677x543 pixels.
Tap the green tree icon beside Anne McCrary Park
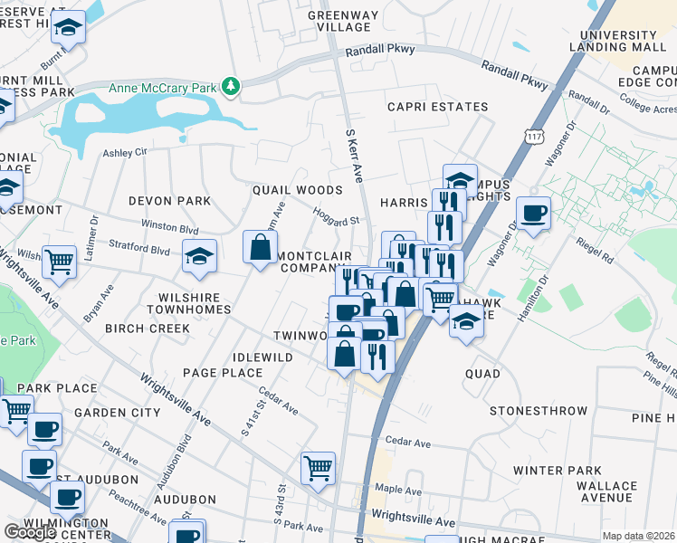[x=234, y=86]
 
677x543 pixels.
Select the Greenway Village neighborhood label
[x=342, y=21]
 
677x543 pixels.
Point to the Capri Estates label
[x=437, y=107]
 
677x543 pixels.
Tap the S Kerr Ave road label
[x=354, y=153]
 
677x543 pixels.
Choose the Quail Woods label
[x=297, y=190]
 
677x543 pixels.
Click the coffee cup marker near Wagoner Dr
[x=533, y=214]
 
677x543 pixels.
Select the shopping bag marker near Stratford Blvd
[x=260, y=247]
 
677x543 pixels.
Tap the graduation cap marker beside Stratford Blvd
[x=199, y=256]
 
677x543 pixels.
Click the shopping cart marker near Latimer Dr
[x=59, y=262]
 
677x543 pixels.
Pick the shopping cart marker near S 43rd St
[x=318, y=468]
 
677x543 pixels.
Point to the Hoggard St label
[x=336, y=215]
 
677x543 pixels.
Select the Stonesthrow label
[x=539, y=411]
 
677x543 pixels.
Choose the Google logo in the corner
[x=30, y=532]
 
